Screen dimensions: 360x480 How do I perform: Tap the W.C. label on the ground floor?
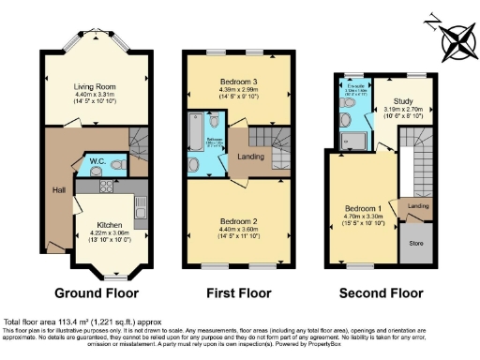pos(96,160)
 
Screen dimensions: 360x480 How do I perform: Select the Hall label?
pos(59,190)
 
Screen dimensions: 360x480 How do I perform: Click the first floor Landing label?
pos(248,156)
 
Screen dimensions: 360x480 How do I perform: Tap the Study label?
pos(402,100)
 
